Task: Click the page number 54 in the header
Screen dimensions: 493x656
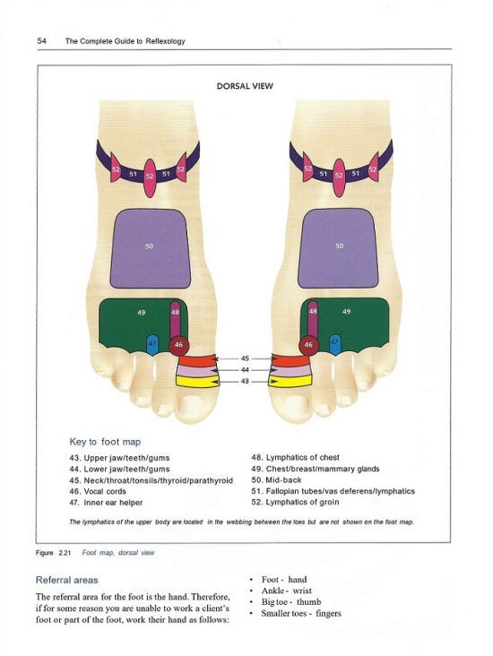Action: [x=41, y=41]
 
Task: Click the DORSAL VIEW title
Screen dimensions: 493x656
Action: [x=245, y=86]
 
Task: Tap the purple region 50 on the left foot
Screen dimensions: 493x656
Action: [x=151, y=248]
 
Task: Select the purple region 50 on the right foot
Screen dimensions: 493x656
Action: [x=338, y=248]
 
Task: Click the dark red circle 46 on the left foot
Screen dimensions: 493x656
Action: [x=178, y=345]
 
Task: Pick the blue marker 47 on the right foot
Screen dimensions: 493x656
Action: [x=335, y=344]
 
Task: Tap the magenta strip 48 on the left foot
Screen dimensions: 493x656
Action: [x=175, y=319]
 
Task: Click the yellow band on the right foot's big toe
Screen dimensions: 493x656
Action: [x=290, y=381]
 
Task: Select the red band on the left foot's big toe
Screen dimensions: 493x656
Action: [x=197, y=360]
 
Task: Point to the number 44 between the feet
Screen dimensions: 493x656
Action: [x=245, y=370]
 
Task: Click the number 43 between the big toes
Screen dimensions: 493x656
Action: [x=245, y=381]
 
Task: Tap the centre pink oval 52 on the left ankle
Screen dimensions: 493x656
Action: [x=150, y=177]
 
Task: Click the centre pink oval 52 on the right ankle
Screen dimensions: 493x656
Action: [x=339, y=177]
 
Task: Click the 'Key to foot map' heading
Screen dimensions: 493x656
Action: [x=105, y=442]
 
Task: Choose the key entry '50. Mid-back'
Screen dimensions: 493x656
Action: [x=276, y=479]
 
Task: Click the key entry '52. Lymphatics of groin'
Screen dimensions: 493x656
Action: [x=295, y=502]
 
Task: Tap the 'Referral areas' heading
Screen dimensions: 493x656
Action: [x=66, y=580]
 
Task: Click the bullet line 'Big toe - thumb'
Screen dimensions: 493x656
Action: [x=291, y=602]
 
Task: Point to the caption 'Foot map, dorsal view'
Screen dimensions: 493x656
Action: [x=118, y=553]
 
